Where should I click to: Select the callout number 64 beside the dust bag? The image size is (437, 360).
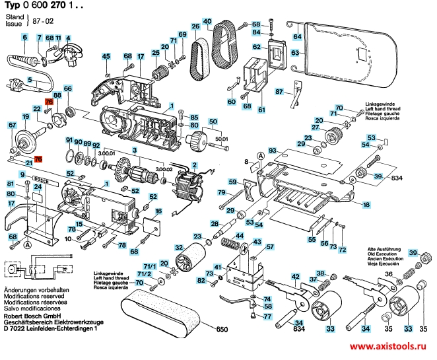297,36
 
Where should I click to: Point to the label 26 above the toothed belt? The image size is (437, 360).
195,26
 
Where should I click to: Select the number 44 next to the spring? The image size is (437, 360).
240,235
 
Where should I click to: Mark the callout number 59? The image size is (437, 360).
232,182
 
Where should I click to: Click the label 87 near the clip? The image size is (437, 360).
279,91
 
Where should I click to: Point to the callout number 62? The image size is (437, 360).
255,47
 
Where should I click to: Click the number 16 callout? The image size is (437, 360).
158,211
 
